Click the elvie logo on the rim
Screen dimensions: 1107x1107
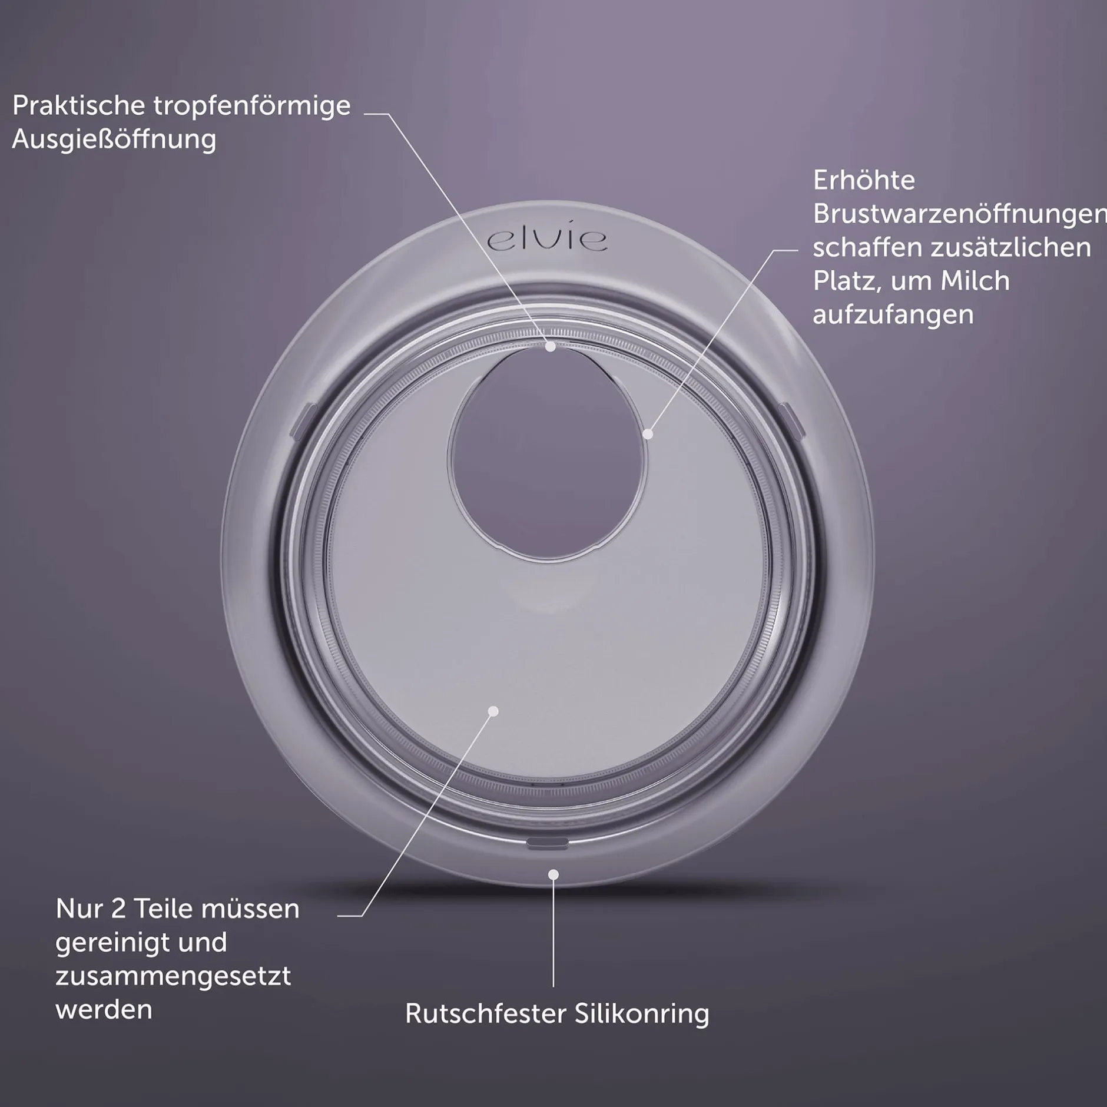[x=548, y=240]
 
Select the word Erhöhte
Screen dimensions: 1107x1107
[x=864, y=180]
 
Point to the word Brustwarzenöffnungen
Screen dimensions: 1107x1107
[x=960, y=214]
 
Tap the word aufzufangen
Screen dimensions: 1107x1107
[x=893, y=316]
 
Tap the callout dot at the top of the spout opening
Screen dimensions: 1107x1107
[x=551, y=347]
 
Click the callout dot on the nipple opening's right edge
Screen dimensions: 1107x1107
[x=648, y=434]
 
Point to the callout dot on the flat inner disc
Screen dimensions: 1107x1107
[x=493, y=711]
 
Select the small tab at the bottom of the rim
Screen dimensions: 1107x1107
[x=548, y=844]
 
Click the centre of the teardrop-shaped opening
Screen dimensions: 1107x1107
[x=548, y=453]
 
